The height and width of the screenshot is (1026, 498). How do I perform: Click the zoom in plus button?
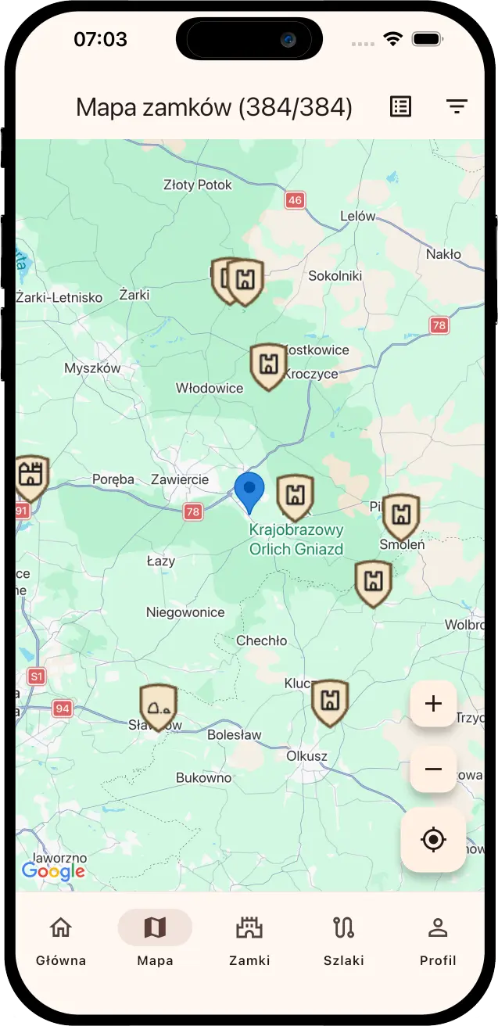coord(433,704)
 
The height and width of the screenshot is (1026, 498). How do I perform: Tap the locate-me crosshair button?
coord(433,840)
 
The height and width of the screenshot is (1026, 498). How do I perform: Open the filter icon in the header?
coord(457,107)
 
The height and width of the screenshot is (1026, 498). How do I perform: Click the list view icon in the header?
coord(400,107)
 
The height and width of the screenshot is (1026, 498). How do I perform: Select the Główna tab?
coord(61,938)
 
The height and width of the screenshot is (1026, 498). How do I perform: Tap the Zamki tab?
coord(249,938)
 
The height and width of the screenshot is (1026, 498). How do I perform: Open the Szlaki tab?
coord(344,938)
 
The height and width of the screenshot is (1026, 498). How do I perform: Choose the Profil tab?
coord(438,938)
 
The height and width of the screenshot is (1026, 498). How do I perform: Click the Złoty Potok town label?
coord(198,185)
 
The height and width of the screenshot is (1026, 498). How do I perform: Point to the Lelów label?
coord(358,216)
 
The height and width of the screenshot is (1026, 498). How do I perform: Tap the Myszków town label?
coord(92,368)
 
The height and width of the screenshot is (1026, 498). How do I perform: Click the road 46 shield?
coord(295,200)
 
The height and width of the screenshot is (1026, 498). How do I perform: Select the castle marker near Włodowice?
coord(268,365)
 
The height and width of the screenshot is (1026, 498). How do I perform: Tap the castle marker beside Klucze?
coord(330,701)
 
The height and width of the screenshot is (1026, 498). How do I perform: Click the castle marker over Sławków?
coord(158,706)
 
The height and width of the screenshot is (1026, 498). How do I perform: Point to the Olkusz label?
coord(307,756)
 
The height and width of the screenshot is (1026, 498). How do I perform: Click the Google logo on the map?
coord(53,870)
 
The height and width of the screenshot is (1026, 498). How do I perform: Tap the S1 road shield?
coord(36,676)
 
